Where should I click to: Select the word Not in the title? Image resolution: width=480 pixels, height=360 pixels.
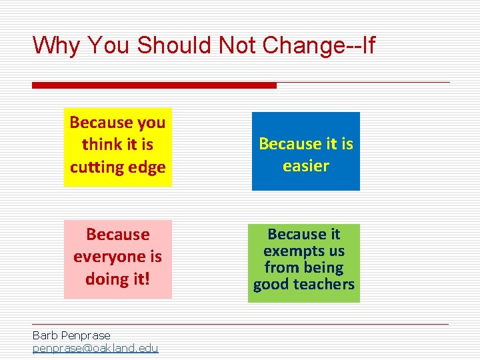click(239, 45)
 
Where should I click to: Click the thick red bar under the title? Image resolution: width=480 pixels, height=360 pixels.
click(154, 85)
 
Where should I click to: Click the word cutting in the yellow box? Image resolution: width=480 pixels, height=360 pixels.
click(94, 167)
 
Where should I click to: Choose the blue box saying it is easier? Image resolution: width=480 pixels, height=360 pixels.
click(305, 151)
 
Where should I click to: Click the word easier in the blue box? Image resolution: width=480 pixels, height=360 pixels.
click(306, 165)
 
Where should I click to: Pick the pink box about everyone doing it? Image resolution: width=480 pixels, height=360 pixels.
click(117, 259)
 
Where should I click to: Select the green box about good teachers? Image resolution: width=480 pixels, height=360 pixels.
click(303, 263)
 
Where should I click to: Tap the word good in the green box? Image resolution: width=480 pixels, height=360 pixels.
click(273, 285)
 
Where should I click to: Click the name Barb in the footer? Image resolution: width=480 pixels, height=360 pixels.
click(44, 335)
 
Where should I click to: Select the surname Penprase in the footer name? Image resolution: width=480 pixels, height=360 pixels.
click(85, 335)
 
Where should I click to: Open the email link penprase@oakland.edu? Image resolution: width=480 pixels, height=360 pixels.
click(95, 348)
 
